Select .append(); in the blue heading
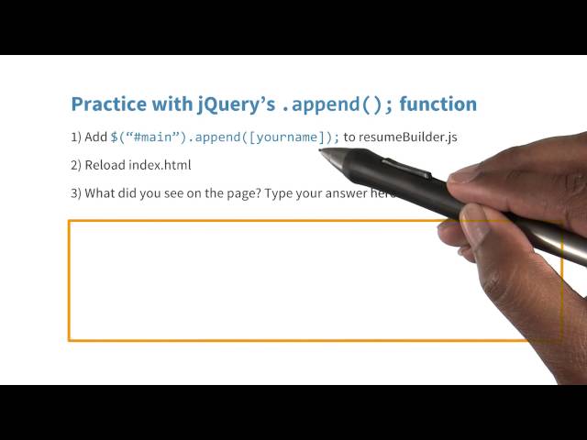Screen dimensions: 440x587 [x=338, y=104]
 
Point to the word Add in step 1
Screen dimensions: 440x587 [x=96, y=137]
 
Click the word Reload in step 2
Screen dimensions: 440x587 [x=106, y=165]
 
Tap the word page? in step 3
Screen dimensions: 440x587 [x=238, y=193]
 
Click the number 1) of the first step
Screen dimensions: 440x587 [x=76, y=137]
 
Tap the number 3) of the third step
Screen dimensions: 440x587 [x=76, y=192]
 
